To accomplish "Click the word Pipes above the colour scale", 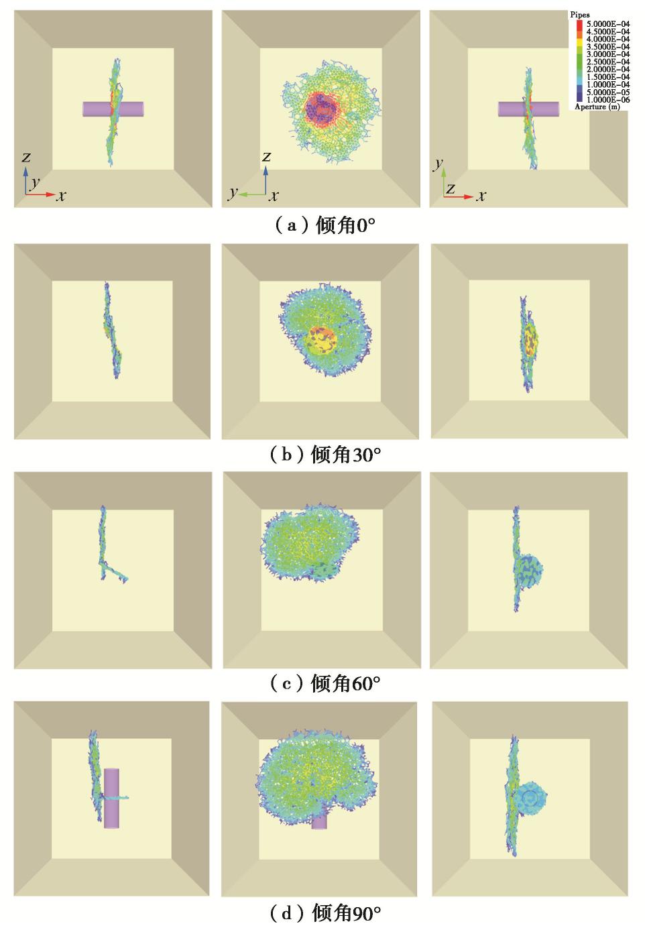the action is (579, 15).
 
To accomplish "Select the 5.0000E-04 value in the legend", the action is (607, 24).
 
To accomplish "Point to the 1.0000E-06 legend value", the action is (607, 99).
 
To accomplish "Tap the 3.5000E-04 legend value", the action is (607, 46).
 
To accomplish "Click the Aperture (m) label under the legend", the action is (597, 107).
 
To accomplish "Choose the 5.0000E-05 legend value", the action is (607, 92).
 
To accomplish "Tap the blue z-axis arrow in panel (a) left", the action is (25, 180).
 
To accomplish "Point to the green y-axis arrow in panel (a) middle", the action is (252, 194).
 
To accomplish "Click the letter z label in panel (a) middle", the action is (266, 157).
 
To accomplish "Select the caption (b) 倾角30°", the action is (325, 455).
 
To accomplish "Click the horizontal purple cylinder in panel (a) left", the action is (113, 109).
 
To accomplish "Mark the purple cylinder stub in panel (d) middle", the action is (319, 821).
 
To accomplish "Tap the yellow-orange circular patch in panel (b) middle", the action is (322, 341).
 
